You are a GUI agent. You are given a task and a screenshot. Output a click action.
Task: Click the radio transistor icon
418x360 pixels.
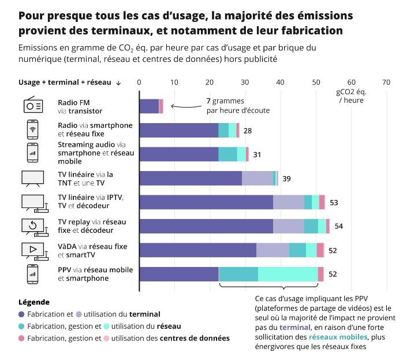click(x=32, y=106)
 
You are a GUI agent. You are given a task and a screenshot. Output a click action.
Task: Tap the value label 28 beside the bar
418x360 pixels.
click(x=247, y=131)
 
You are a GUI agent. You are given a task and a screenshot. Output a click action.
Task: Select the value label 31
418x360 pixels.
click(x=257, y=155)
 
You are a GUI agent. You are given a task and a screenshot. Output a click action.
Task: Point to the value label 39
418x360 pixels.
click(x=286, y=179)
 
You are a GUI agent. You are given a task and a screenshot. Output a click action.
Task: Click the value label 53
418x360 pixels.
click(x=334, y=202)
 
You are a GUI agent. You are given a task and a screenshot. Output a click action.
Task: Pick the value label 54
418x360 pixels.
click(x=338, y=226)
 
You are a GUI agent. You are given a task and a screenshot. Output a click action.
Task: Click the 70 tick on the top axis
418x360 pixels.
click(x=386, y=82)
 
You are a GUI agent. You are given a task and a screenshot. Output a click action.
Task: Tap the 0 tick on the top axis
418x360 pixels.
click(x=139, y=82)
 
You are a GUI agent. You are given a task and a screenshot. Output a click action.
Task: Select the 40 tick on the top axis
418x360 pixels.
click(x=281, y=82)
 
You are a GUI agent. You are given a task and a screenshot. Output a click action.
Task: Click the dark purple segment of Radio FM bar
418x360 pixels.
click(x=149, y=106)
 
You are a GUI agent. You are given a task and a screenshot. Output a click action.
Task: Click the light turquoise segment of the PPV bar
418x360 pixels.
click(x=288, y=274)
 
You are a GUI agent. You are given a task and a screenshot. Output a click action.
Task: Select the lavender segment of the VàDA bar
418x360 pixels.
click(x=272, y=250)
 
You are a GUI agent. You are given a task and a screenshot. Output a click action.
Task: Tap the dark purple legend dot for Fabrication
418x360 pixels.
click(x=22, y=314)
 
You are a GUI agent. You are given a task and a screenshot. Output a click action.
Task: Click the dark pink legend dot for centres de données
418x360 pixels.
click(x=22, y=338)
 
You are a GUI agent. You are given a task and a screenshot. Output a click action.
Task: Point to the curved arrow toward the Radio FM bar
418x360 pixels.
click(x=185, y=106)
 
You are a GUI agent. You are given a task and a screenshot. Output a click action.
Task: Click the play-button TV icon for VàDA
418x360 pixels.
click(x=32, y=250)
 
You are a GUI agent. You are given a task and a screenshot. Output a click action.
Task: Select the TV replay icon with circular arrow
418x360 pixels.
click(x=32, y=226)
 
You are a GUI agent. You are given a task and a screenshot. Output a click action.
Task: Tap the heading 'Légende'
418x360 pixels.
click(x=34, y=302)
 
